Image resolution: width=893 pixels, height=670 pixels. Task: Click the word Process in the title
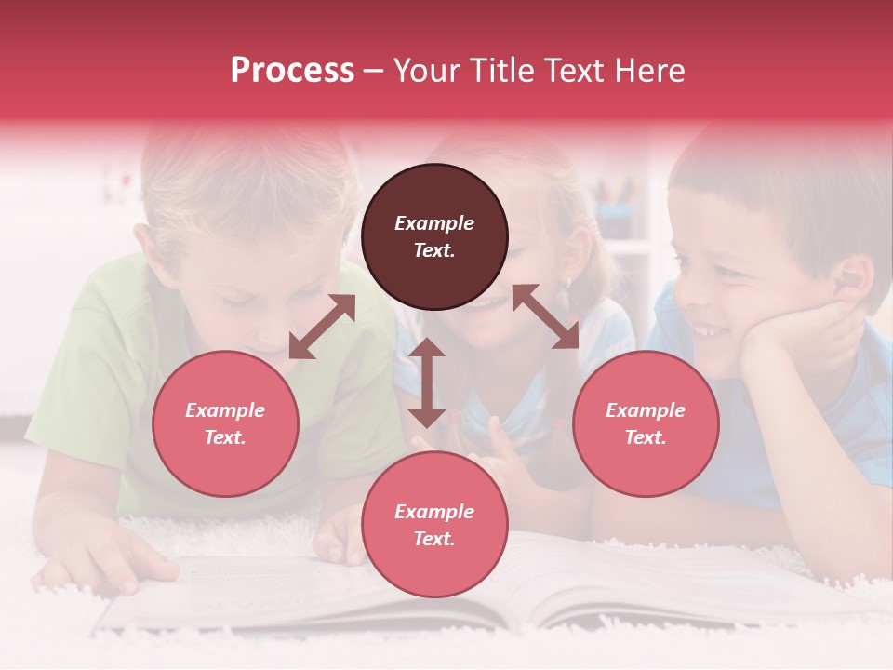click(292, 71)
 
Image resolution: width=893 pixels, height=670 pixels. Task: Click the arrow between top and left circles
click(322, 327)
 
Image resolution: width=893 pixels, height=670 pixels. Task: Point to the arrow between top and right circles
click(545, 316)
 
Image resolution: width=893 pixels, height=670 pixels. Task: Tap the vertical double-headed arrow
click(427, 382)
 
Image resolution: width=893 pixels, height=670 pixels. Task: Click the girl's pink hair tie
click(593, 226)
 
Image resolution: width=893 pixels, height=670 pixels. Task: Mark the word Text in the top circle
click(433, 250)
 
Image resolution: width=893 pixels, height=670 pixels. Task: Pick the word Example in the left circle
click(225, 410)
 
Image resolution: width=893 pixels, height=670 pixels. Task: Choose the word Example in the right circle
click(646, 410)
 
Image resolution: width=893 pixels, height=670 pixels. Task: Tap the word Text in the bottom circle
click(433, 539)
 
